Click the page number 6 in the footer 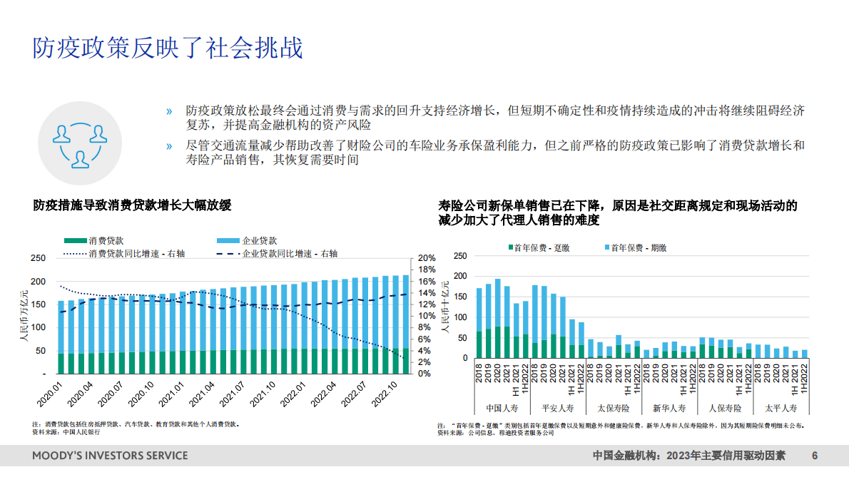pyautogui.click(x=815, y=456)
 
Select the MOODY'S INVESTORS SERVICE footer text pyautogui.click(x=110, y=456)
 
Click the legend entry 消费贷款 pyautogui.click(x=106, y=241)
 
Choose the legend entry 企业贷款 pyautogui.click(x=260, y=241)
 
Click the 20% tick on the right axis pyautogui.click(x=427, y=258)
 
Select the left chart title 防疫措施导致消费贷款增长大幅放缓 pyautogui.click(x=133, y=205)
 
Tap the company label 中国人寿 pyautogui.click(x=503, y=409)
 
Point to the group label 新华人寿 pyautogui.click(x=669, y=409)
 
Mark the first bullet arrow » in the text pyautogui.click(x=169, y=111)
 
